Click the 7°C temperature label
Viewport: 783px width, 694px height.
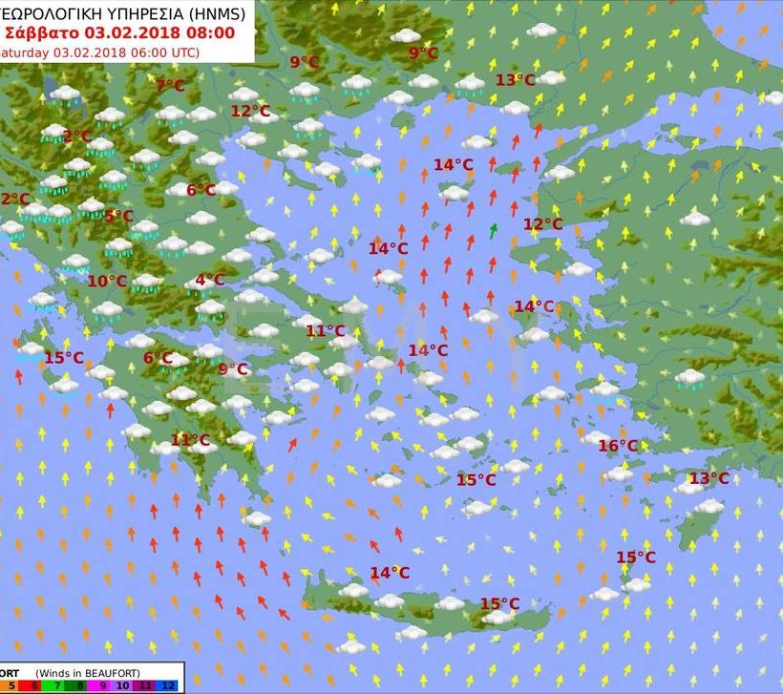[170, 86]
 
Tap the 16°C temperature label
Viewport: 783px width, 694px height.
[618, 446]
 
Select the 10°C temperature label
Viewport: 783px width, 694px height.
[107, 281]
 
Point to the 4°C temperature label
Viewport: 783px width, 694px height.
[209, 280]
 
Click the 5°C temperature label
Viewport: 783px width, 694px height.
[117, 216]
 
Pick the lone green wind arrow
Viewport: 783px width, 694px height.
[493, 230]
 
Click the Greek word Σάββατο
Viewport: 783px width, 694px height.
[43, 32]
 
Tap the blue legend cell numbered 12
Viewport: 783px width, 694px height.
[169, 686]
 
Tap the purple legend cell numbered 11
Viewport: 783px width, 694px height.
[145, 686]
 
